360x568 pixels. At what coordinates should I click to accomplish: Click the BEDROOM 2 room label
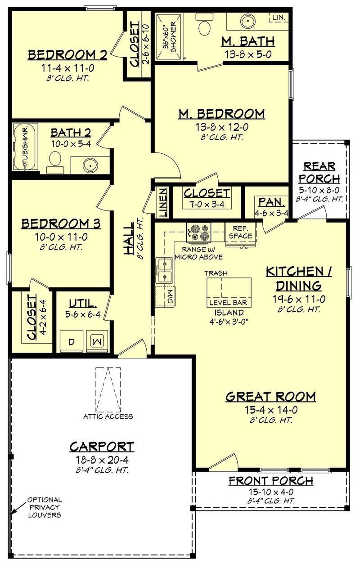click(67, 55)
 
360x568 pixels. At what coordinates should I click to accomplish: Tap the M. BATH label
click(248, 41)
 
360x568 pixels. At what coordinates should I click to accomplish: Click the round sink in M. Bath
click(247, 20)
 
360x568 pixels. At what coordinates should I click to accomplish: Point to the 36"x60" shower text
click(170, 36)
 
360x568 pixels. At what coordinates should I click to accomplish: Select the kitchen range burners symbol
click(198, 233)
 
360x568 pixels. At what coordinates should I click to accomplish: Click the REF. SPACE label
click(241, 232)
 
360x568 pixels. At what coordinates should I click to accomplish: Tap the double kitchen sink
click(164, 270)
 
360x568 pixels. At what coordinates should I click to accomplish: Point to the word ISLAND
click(229, 312)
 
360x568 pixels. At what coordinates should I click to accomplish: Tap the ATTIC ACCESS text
click(108, 416)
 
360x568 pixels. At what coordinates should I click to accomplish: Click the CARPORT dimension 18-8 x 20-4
click(101, 459)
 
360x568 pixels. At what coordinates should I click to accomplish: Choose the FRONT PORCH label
click(270, 481)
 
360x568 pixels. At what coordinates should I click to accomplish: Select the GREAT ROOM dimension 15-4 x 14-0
click(270, 409)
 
